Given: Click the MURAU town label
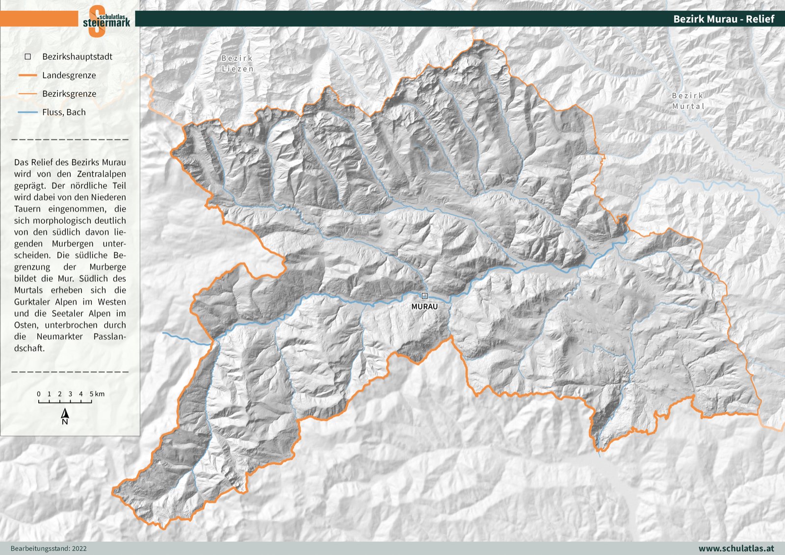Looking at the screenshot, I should [x=424, y=307].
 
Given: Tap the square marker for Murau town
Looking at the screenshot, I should [x=425, y=296].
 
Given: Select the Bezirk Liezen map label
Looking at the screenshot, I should [x=237, y=63].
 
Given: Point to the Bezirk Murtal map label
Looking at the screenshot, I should [x=688, y=101].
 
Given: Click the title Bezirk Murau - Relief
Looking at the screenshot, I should [x=723, y=19].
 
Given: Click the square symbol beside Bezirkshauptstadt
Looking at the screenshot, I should [x=28, y=56].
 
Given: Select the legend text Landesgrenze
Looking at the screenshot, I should [x=69, y=75].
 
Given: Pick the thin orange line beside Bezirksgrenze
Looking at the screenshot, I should [x=27, y=93].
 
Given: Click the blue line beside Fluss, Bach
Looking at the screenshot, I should [x=27, y=112].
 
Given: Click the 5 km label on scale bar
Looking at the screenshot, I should [x=97, y=394].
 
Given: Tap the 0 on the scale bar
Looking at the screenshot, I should [x=39, y=394].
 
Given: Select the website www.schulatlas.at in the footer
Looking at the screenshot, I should [x=736, y=548].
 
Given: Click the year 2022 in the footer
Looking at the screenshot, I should [x=79, y=549].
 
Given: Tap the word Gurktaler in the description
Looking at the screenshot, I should [x=32, y=302].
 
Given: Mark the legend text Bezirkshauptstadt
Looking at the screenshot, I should [x=77, y=56].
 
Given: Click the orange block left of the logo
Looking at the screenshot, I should [x=39, y=19].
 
